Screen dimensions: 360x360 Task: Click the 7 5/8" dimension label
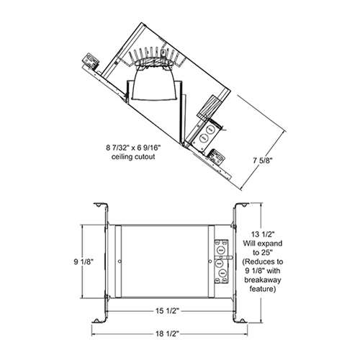263,161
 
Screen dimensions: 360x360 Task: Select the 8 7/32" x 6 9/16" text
133,148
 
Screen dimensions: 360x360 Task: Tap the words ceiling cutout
133,157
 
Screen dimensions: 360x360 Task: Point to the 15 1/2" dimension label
168,311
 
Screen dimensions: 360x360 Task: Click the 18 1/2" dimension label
168,333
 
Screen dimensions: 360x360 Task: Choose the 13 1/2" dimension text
263,234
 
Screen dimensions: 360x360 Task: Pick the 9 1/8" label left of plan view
84,262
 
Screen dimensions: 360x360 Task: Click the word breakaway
263,280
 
